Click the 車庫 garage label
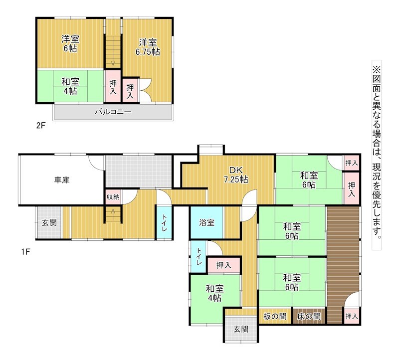pyautogui.click(x=62, y=180)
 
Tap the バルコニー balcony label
pyautogui.click(x=113, y=112)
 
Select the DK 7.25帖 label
pyautogui.click(x=236, y=175)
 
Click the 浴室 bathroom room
pyautogui.click(x=207, y=222)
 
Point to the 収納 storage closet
pyautogui.click(x=113, y=196)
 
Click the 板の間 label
pyautogui.click(x=275, y=316)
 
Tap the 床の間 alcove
pyautogui.click(x=309, y=316)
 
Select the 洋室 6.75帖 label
pyautogui.click(x=148, y=47)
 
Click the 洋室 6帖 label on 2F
pyautogui.click(x=70, y=44)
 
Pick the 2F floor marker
pyautogui.click(x=41, y=126)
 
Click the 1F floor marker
pyautogui.click(x=26, y=252)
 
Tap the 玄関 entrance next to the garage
pyautogui.click(x=49, y=222)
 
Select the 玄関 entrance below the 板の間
pyautogui.click(x=241, y=330)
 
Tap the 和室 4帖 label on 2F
pyautogui.click(x=70, y=86)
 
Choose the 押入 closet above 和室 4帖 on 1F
pyautogui.click(x=224, y=265)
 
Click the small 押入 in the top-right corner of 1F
pyautogui.click(x=352, y=163)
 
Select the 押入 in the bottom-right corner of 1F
pyautogui.click(x=352, y=316)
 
